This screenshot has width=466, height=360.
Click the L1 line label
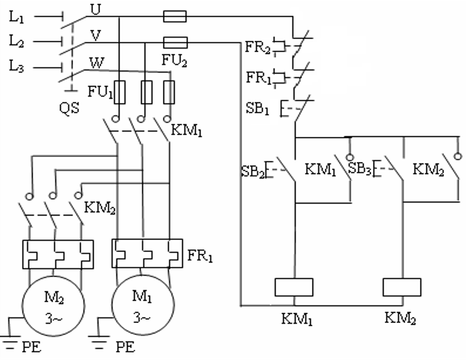click(16, 17)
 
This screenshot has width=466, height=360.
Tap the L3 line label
click(16, 66)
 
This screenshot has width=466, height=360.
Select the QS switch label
click(69, 107)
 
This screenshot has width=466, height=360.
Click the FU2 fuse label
click(174, 60)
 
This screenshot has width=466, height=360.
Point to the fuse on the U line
click(175, 16)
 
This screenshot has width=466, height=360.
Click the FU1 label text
click(100, 92)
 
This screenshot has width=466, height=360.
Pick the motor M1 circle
click(143, 305)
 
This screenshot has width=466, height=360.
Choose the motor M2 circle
click(53, 306)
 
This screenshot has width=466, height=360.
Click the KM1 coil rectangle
click(294, 287)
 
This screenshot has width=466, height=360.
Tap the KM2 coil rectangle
click(402, 287)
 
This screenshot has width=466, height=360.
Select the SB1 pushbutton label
click(257, 108)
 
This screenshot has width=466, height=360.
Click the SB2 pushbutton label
click(253, 172)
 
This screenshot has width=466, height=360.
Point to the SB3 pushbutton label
click(360, 168)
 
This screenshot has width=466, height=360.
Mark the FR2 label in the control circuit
click(258, 47)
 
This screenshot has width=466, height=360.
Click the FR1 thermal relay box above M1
click(147, 253)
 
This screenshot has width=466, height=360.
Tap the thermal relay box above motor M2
click(58, 254)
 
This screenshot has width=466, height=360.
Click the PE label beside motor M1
click(125, 347)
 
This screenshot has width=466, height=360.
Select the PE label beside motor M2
click(31, 347)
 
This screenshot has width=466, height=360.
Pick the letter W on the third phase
click(97, 63)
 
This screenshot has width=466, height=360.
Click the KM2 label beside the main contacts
click(100, 208)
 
